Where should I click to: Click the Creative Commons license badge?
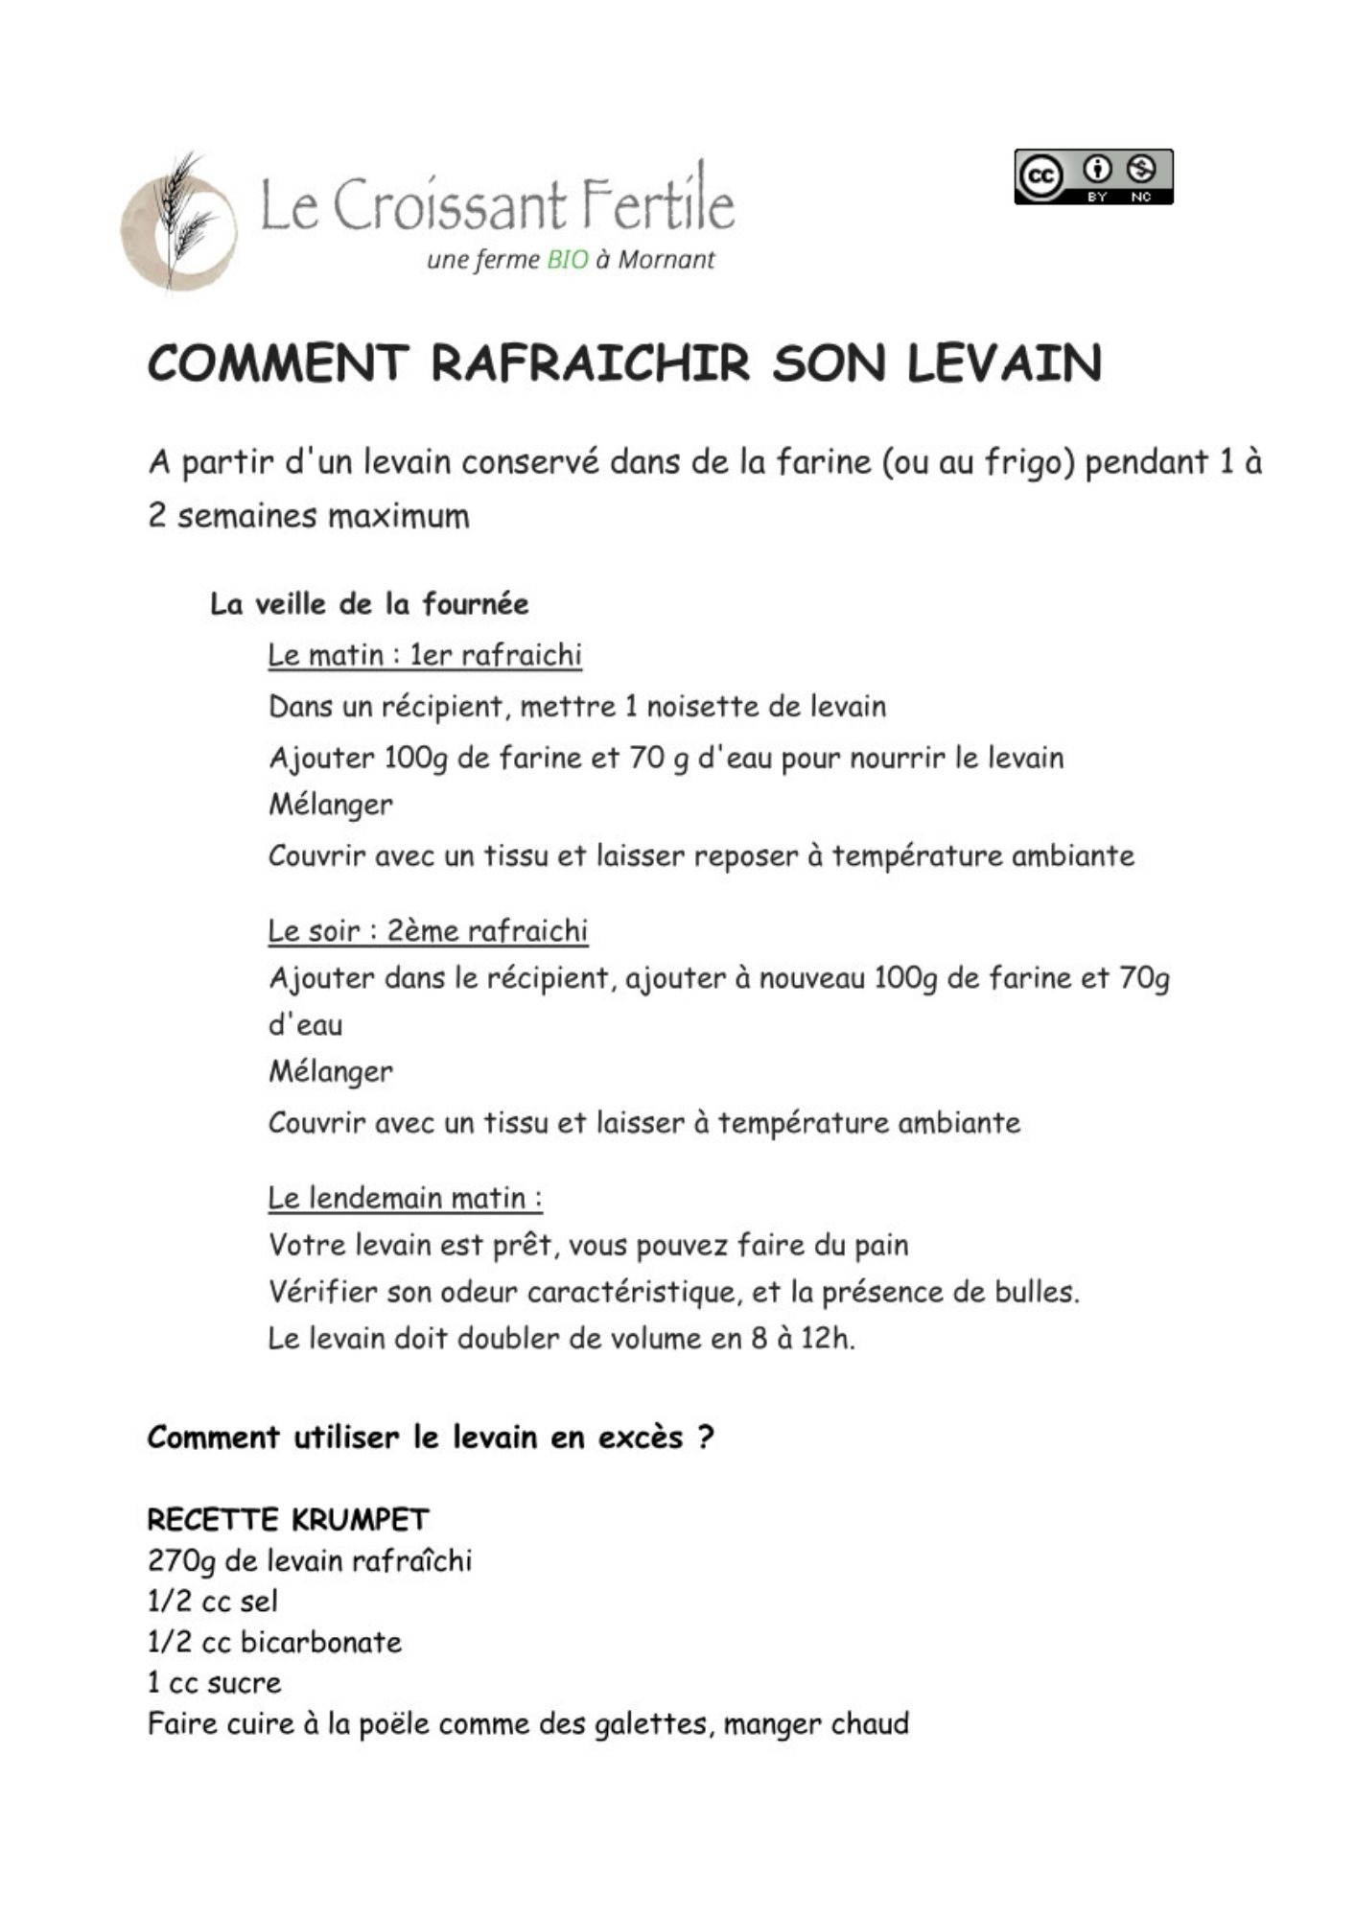1093,176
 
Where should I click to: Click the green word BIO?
567,260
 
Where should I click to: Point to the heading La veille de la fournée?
369,604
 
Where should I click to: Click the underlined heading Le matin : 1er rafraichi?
425,655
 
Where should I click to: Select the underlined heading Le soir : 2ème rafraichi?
428,931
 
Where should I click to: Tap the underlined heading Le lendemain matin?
405,1198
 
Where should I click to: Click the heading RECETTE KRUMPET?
288,1519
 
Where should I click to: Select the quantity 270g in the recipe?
182,1561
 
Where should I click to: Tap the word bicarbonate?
321,1642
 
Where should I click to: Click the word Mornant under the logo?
666,260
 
